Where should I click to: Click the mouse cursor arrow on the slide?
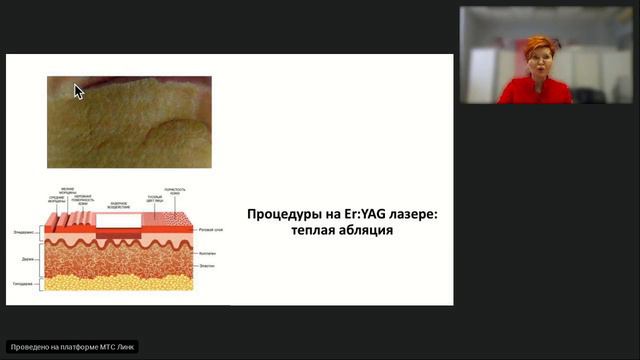[x=79, y=91]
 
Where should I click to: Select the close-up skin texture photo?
[x=129, y=121]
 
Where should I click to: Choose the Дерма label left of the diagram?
[x=27, y=257]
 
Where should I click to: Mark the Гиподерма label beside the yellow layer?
[x=24, y=282]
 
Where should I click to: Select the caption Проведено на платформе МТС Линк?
[x=72, y=347]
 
